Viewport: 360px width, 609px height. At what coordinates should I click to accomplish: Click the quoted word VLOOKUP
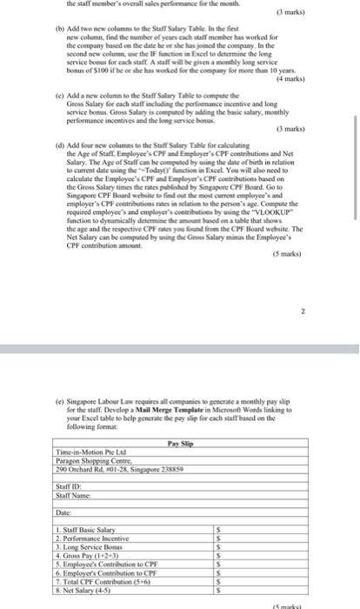[263, 236]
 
